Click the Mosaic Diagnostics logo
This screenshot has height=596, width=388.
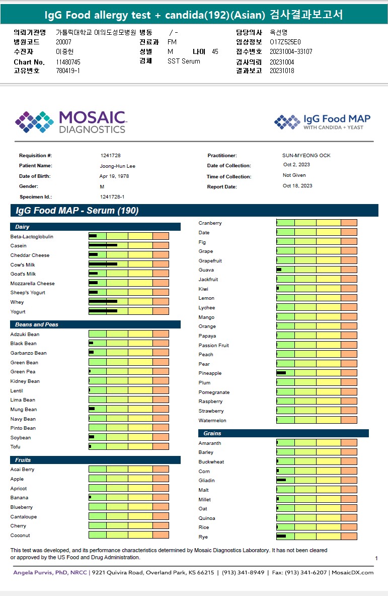70,122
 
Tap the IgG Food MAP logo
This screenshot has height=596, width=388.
322,121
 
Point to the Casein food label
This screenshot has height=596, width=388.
19,246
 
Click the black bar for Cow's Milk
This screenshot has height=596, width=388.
103,264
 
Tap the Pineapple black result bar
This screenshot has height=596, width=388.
281,373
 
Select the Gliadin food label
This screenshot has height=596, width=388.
207,481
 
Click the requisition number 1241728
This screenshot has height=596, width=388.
110,156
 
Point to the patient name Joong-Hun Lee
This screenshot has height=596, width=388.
117,166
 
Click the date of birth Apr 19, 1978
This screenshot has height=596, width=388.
114,176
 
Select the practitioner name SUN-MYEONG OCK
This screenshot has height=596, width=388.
306,156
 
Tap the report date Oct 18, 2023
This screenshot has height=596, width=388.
297,186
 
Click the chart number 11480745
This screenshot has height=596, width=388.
68,62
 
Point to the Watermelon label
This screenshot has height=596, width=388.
212,421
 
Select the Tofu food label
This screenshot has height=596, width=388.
16,447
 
